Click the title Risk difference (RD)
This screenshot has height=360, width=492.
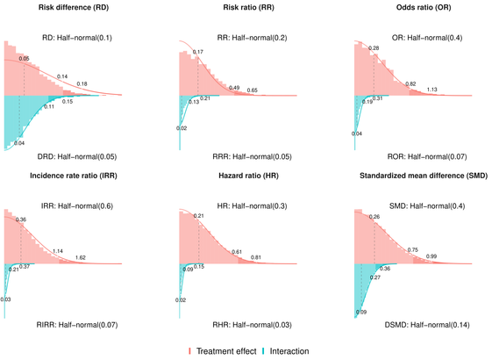tap(74, 8)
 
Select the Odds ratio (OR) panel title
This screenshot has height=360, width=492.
tap(424, 8)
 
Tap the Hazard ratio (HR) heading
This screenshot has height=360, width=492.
tap(248, 176)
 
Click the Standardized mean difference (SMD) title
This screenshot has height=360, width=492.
tap(424, 176)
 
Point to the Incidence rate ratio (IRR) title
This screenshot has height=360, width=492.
tap(74, 176)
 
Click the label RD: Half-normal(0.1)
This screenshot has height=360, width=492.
tap(77, 38)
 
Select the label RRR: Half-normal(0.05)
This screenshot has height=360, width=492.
tap(253, 157)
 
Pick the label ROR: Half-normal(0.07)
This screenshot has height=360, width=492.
tap(427, 157)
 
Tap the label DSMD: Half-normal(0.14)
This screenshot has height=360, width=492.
tap(427, 325)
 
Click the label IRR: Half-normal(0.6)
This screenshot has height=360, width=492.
tap(77, 206)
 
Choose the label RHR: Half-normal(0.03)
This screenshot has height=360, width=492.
tap(253, 325)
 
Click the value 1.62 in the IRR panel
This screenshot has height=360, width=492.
tap(81, 257)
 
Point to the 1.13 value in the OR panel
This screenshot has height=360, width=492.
tap(432, 90)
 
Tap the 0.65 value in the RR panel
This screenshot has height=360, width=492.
tap(253, 90)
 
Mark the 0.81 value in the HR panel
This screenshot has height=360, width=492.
tap(256, 257)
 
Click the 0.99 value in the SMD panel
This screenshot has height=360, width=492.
tap(431, 256)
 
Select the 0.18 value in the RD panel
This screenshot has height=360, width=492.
tap(82, 84)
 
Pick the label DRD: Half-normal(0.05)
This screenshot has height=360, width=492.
tap(77, 157)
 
